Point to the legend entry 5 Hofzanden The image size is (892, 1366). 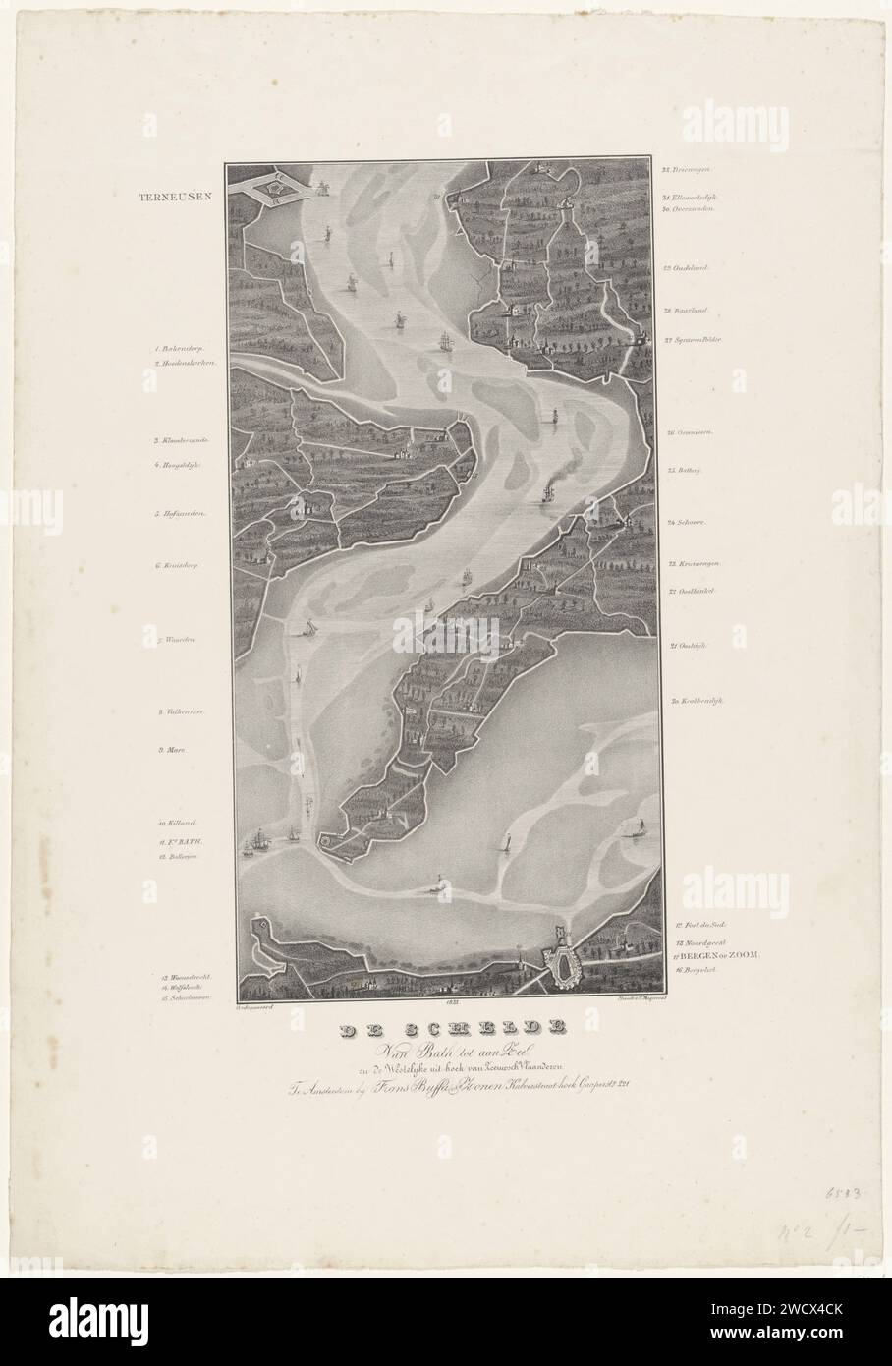click(179, 513)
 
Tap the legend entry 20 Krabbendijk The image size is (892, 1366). click(697, 701)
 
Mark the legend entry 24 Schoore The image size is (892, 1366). click(688, 522)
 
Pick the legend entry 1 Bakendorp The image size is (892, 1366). click(181, 348)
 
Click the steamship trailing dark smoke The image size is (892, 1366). click(547, 494)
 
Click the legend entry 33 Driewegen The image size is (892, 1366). click(692, 169)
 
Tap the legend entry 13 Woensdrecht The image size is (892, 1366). click(186, 978)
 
